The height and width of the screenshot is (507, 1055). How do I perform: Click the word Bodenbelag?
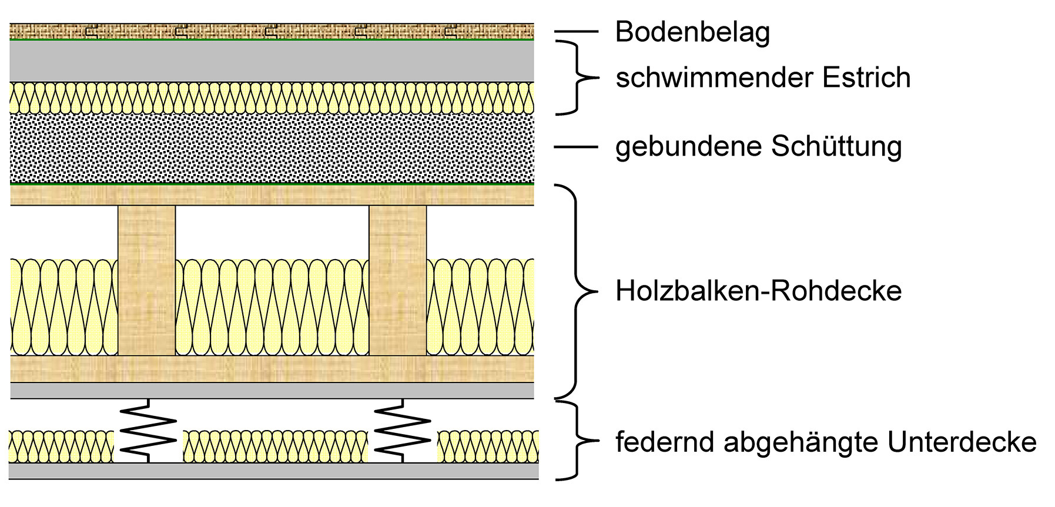pos(692,32)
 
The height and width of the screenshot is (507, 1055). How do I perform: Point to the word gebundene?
pos(688,147)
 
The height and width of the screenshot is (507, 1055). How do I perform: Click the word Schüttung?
pos(836,147)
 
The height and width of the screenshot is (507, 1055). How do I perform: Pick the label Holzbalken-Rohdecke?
pos(758,291)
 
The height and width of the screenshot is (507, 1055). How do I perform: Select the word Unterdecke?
pos(962,442)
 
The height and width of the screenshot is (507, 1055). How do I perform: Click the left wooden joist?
pos(147,280)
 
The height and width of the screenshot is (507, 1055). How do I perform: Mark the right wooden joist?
pos(398,280)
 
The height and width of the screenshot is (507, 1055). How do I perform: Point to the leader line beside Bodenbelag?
pos(576,32)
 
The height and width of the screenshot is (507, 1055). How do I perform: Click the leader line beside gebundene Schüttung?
pos(576,147)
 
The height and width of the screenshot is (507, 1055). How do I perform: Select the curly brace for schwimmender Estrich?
pos(579,77)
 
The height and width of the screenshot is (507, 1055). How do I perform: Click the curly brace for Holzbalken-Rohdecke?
pos(579,291)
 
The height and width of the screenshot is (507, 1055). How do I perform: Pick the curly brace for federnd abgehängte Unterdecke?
pos(579,441)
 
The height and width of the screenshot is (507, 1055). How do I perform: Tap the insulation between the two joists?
pos(272,307)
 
